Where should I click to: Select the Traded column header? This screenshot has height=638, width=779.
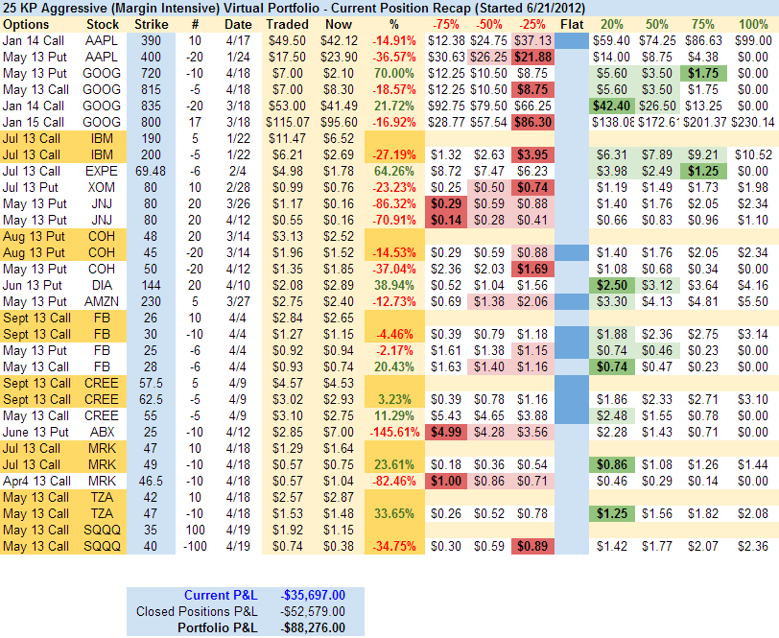click(x=287, y=24)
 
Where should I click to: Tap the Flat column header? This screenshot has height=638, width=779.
click(x=571, y=24)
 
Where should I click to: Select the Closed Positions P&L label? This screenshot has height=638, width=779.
click(x=198, y=611)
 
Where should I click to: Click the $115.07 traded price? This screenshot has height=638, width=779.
click(x=287, y=122)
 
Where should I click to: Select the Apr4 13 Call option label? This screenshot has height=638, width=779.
click(x=36, y=481)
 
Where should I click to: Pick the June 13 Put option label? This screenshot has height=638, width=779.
click(x=36, y=432)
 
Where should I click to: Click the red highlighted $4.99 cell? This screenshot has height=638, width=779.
click(x=444, y=432)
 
